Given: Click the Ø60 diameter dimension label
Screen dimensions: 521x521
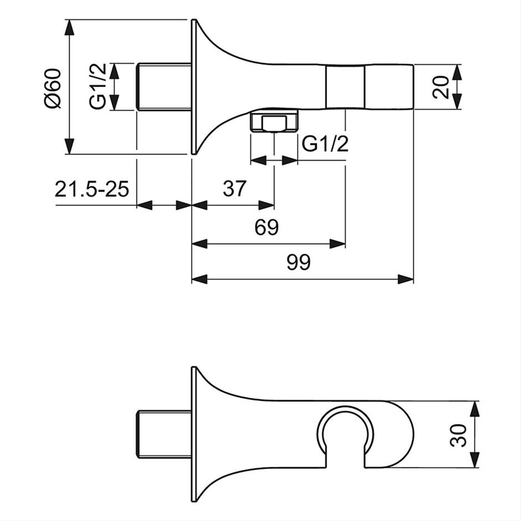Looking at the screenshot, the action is point(53,88).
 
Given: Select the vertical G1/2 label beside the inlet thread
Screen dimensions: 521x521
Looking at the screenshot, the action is point(98,86).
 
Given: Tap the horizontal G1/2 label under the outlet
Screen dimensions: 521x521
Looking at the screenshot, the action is point(325,144).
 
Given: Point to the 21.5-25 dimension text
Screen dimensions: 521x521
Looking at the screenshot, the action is point(91,189).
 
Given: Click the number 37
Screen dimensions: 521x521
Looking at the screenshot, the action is point(235,188).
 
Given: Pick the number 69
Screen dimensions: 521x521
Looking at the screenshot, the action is point(267,227).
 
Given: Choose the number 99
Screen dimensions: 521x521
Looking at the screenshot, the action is point(299,262).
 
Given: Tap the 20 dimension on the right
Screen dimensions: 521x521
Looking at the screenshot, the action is point(441,87).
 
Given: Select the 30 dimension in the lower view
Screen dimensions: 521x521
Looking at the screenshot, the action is point(458,435).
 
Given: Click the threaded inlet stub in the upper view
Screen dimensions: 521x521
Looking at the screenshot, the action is point(164,86).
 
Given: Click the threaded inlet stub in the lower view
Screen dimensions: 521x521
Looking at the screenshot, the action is point(164,435).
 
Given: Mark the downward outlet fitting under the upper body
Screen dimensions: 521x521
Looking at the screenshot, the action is point(274,122).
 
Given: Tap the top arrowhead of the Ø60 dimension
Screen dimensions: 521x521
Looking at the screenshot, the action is point(69,27).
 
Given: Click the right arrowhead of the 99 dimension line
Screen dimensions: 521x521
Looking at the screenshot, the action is point(406,279).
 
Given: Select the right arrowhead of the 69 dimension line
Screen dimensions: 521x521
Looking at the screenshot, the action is point(338,244).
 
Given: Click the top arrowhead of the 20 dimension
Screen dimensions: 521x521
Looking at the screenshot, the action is point(457,72).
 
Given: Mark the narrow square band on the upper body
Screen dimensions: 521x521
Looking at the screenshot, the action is point(345,87).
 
